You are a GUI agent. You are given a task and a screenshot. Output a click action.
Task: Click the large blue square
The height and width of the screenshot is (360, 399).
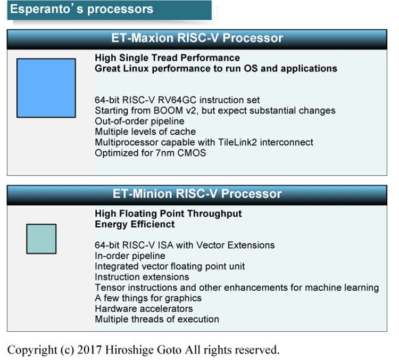pos(46,88)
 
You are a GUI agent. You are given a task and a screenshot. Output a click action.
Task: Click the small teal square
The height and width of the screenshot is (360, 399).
pos(41,239)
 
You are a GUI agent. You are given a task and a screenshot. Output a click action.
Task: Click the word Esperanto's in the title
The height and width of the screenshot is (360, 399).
pos(47,9)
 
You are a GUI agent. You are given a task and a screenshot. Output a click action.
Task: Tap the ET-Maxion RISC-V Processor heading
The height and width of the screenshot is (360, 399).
pos(197,38)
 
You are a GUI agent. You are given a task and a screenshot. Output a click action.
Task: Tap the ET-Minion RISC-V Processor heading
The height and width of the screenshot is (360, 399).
pos(197,194)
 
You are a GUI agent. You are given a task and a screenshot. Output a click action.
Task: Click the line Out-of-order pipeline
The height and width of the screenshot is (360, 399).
pos(139,121)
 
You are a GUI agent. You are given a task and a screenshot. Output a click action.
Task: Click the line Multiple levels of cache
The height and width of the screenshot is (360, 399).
pos(145,132)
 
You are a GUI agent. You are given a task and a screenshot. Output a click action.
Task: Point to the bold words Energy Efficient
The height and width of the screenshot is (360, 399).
pos(135,224)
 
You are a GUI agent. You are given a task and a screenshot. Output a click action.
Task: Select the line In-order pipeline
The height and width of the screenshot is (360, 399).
pos(130,256)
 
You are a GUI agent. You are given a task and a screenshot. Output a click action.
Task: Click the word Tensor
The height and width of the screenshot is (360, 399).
pos(110,288)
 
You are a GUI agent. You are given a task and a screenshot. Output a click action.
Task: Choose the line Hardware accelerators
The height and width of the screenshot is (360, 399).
pos(144,309)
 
